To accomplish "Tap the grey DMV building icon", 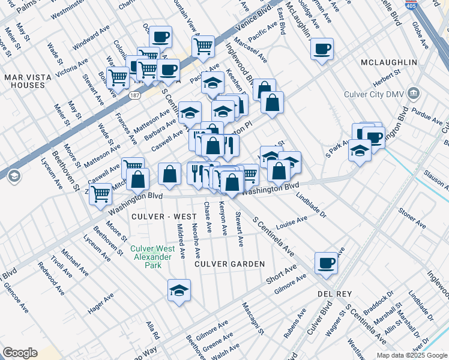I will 413,94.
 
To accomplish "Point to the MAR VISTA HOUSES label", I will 24,81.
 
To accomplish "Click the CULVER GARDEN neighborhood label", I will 229,264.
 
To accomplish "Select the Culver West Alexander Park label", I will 153,257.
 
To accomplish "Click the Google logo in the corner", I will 20,352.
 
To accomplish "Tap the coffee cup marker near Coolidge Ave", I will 322,49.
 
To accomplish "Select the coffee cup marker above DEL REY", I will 326,263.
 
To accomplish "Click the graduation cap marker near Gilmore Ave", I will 179,291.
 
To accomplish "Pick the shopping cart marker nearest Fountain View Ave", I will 203,46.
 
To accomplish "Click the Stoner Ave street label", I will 412,220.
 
